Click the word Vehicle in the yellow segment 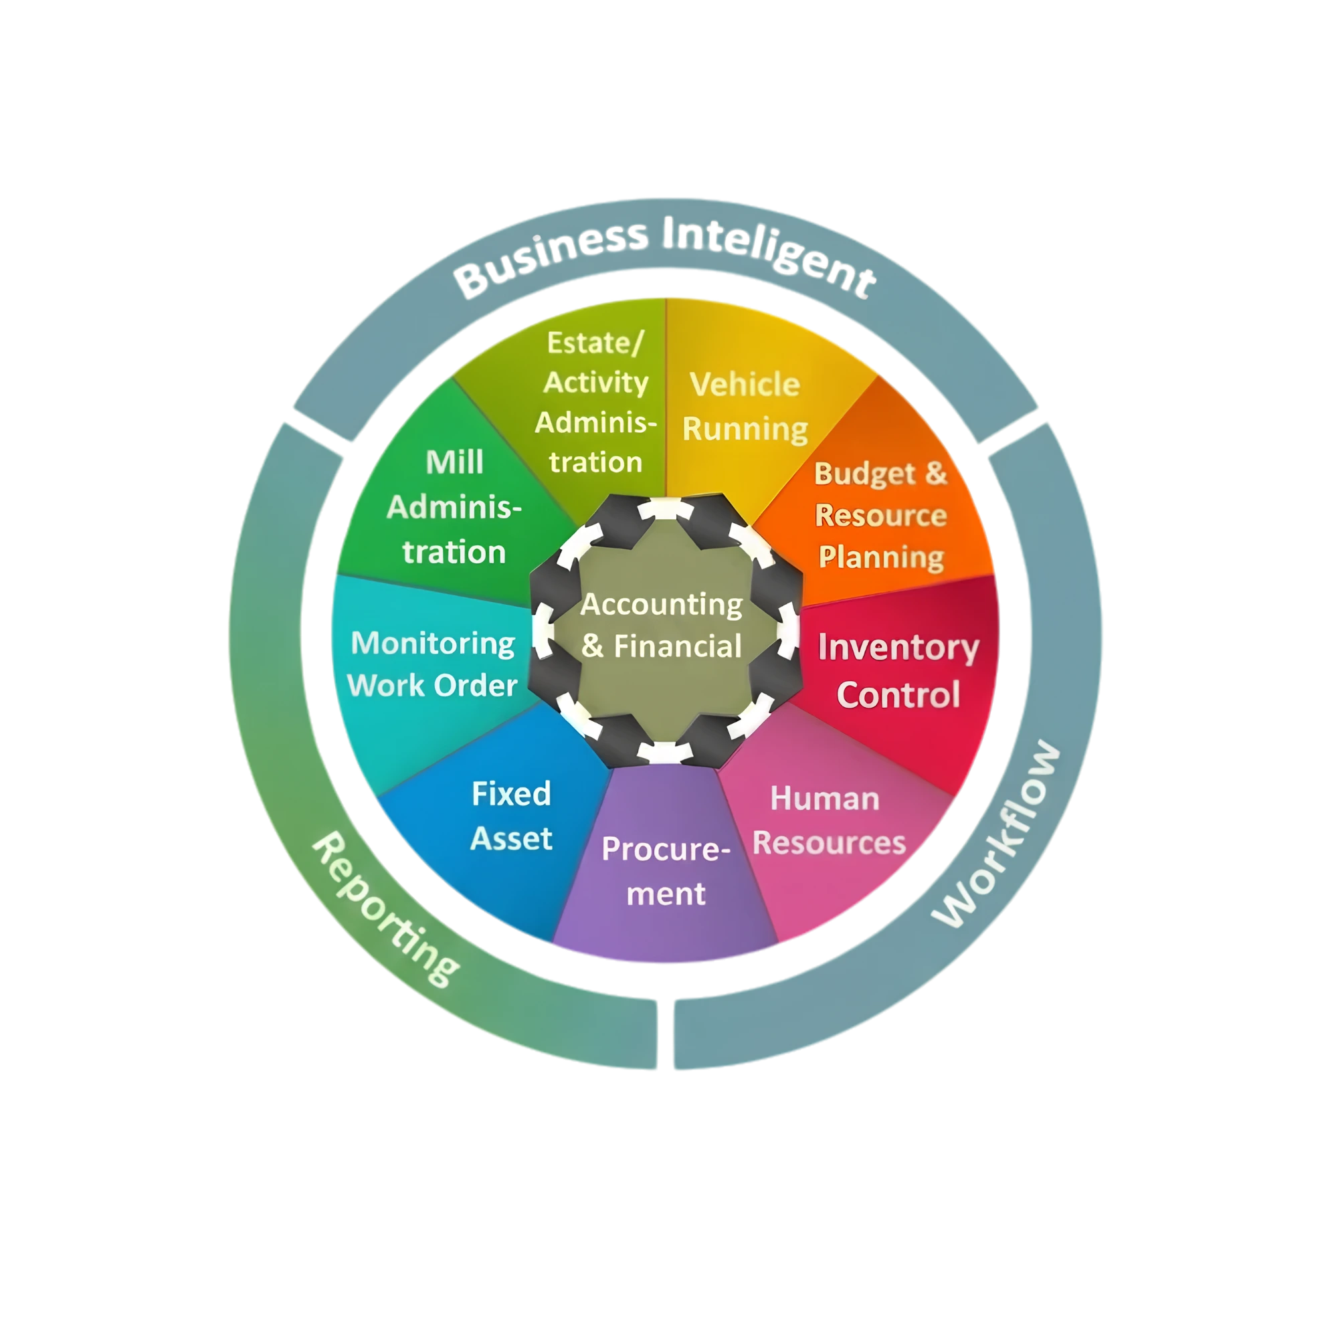(x=745, y=385)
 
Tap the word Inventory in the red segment (x=898, y=649)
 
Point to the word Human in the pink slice (x=825, y=799)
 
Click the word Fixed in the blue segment (x=511, y=793)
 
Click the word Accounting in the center (x=662, y=605)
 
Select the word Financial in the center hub (x=677, y=646)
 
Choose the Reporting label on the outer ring (x=385, y=909)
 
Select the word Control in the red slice (x=898, y=694)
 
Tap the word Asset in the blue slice (x=511, y=839)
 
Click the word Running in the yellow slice (x=745, y=429)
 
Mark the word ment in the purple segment (x=666, y=894)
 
